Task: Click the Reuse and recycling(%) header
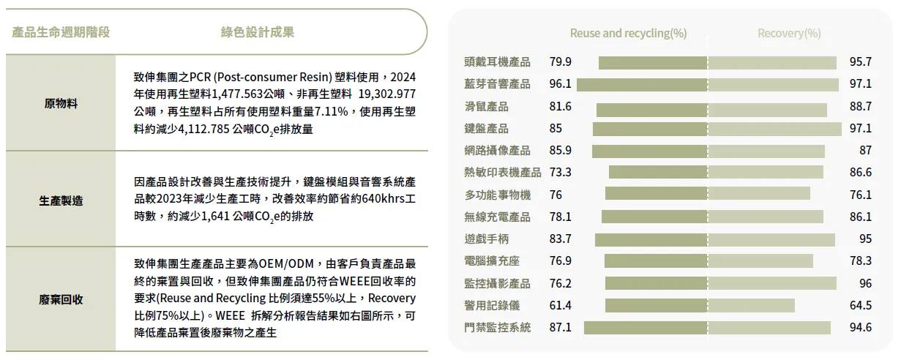pyautogui.click(x=628, y=33)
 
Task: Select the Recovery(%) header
pyautogui.click(x=789, y=33)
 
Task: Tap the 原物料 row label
pyautogui.click(x=61, y=104)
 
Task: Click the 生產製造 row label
pyautogui.click(x=61, y=200)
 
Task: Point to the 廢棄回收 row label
pyautogui.click(x=61, y=299)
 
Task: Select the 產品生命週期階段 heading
pyautogui.click(x=61, y=32)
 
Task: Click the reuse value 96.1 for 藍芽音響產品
pyautogui.click(x=561, y=84)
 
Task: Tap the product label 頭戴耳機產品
pyautogui.click(x=497, y=62)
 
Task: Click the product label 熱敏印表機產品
pyautogui.click(x=502, y=173)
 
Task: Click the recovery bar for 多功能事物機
pyautogui.click(x=759, y=194)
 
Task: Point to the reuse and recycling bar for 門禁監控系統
pyautogui.click(x=646, y=327)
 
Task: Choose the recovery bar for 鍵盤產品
pyautogui.click(x=775, y=129)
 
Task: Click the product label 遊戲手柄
pyautogui.click(x=487, y=239)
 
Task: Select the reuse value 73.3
pyautogui.click(x=561, y=173)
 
